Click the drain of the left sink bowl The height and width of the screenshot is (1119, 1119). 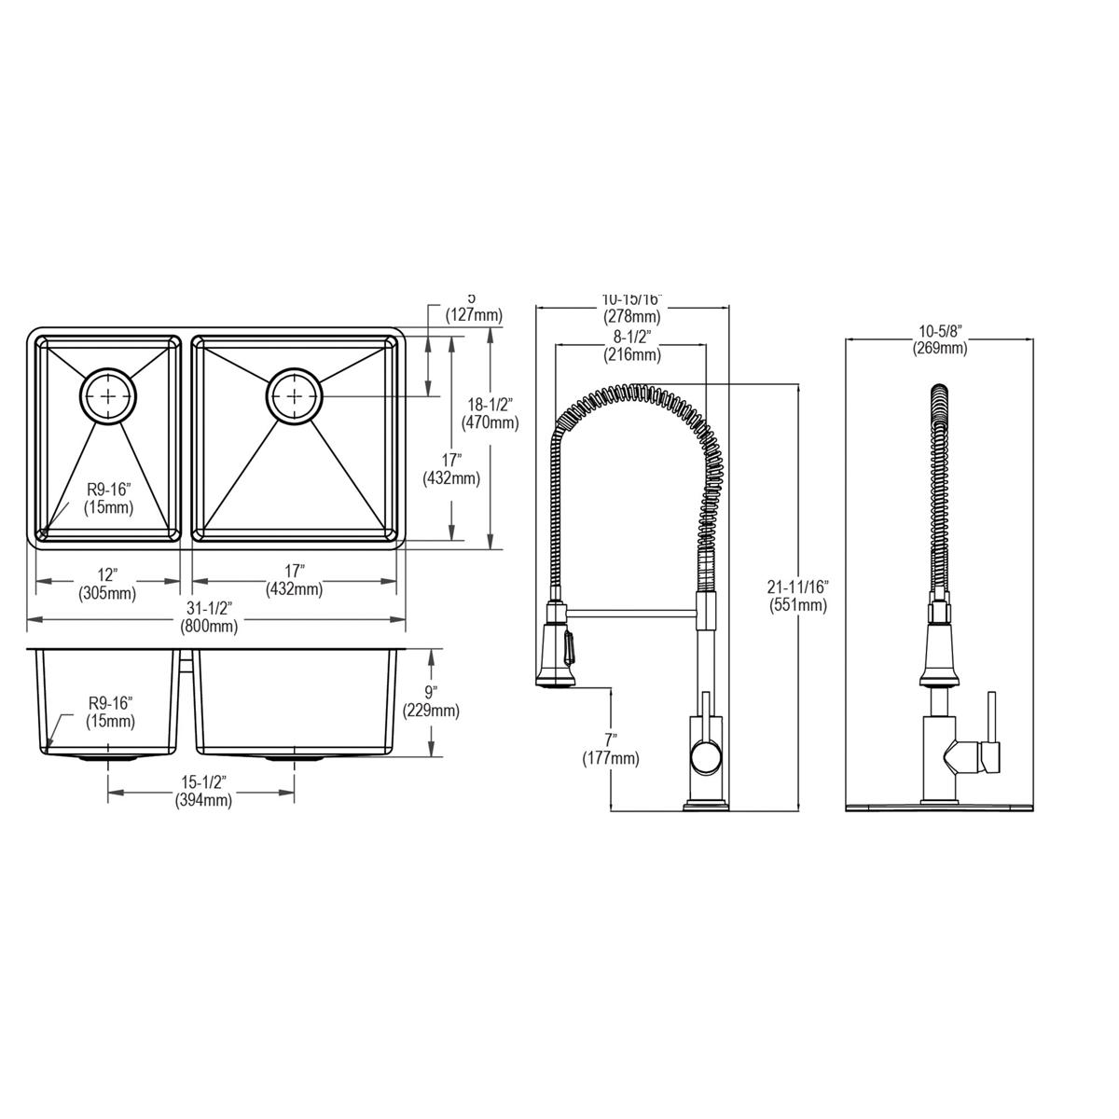pyautogui.click(x=110, y=396)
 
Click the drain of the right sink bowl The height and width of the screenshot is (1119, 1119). pyautogui.click(x=296, y=396)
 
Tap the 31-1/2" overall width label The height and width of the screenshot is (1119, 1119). pyautogui.click(x=209, y=617)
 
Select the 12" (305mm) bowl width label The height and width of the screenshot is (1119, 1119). pyautogui.click(x=106, y=581)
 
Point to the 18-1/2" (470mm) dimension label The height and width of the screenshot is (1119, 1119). pyautogui.click(x=490, y=413)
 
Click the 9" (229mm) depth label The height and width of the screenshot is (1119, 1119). pyautogui.click(x=431, y=701)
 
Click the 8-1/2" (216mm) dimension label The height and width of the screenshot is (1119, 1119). pyautogui.click(x=630, y=345)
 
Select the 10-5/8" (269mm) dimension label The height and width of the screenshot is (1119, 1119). pyautogui.click(x=940, y=339)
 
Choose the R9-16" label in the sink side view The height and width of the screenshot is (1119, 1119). pyautogui.click(x=110, y=711)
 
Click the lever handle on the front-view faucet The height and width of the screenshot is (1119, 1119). pyautogui.click(x=990, y=737)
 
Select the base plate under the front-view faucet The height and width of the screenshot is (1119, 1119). pyautogui.click(x=939, y=804)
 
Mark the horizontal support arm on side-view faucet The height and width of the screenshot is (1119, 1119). pyautogui.click(x=632, y=613)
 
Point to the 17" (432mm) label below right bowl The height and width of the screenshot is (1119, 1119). pyautogui.click(x=295, y=581)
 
